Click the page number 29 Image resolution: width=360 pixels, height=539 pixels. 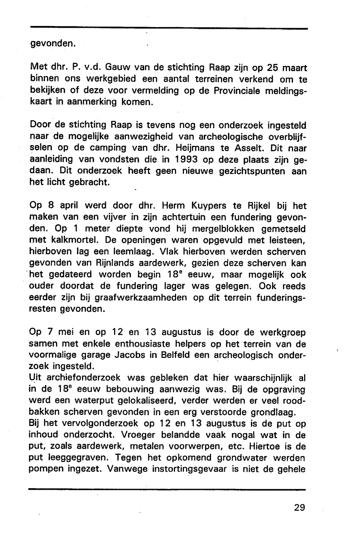pyautogui.click(x=299, y=508)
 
